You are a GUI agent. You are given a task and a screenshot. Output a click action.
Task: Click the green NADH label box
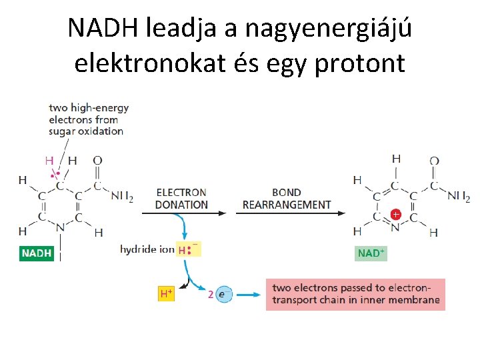pos(37,253)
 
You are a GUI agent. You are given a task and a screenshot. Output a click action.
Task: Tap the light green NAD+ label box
pos(371,253)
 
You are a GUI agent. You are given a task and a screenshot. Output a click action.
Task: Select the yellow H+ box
pos(166,293)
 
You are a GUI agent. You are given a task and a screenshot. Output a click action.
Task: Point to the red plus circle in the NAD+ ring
pos(395,215)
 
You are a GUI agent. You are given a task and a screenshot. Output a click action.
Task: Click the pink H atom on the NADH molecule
pos(48,161)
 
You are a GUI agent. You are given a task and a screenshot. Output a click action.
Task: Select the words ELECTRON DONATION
pos(181,199)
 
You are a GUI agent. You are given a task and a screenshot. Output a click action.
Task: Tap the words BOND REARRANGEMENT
pos(287,199)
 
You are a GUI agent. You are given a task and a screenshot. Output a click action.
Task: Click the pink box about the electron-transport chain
pos(355,294)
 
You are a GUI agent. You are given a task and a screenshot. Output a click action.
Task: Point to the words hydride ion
pos(147,249)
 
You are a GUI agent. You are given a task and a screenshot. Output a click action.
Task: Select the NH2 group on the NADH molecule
pos(121,197)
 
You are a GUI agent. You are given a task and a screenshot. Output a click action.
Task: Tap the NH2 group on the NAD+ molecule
pos(458,197)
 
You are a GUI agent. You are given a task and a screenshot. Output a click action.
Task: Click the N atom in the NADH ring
pos(60,228)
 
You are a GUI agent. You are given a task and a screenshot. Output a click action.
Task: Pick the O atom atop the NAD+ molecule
pos(434,161)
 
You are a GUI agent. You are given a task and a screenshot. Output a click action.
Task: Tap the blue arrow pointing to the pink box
pos(249,294)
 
